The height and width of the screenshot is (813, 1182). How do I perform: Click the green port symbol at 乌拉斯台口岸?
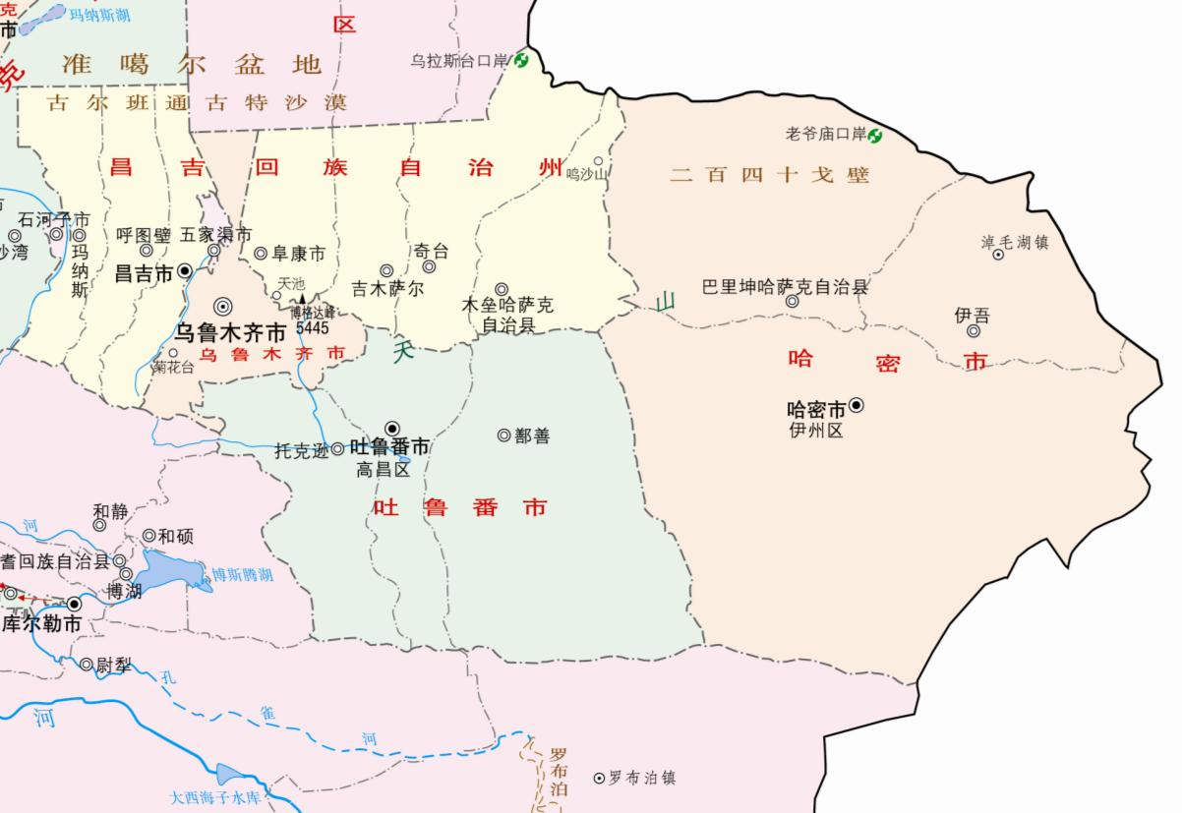click(521, 61)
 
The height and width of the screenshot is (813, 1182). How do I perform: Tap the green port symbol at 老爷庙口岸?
click(874, 135)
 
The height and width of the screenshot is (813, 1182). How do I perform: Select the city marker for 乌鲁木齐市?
click(223, 306)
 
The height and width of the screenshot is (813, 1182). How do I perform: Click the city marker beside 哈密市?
click(857, 404)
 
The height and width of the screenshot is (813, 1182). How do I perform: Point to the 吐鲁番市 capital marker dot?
click(392, 427)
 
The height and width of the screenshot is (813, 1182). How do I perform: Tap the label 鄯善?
click(532, 436)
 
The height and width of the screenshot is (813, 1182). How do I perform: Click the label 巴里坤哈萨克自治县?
click(786, 287)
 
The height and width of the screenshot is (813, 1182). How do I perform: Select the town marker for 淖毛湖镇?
click(997, 255)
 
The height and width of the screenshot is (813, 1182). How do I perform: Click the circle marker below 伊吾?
click(973, 331)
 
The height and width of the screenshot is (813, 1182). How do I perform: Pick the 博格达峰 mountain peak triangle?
click(303, 298)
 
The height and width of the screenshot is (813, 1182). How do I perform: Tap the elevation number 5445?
click(312, 326)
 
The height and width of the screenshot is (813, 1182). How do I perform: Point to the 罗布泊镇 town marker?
click(598, 778)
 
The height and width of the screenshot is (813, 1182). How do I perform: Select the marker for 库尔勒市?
click(75, 604)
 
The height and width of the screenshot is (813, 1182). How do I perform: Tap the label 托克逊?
click(301, 451)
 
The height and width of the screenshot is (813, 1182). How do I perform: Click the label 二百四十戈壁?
click(770, 176)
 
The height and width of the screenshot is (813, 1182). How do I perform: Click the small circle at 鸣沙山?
click(597, 161)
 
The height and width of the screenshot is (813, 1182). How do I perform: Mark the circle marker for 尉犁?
click(87, 665)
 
